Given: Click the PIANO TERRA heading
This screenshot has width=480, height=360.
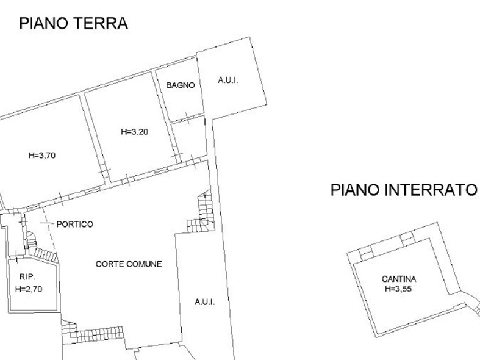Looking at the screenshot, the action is tap(73, 23).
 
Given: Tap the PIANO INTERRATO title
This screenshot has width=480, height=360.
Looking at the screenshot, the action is tap(404, 190).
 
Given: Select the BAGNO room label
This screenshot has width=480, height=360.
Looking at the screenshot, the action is tap(181, 85).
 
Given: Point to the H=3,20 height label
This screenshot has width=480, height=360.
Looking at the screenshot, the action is tap(135, 132).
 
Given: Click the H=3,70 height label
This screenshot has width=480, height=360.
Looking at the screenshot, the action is tap(42, 156).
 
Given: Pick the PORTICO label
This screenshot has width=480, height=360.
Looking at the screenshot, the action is tap(75, 225).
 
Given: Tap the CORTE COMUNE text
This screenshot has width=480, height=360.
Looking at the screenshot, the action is tap(129, 264).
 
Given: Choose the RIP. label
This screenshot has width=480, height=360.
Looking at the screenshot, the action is tap(27, 277).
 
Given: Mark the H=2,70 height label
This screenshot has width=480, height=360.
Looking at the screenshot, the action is tap(29, 289).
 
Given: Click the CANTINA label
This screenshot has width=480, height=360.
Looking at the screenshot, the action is tap(399, 279).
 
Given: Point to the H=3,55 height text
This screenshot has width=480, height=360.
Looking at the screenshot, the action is tap(398, 289).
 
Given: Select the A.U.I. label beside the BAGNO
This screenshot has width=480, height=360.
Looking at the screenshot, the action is tap(228, 80).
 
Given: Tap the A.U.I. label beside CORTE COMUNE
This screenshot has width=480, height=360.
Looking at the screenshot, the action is tap(205, 302).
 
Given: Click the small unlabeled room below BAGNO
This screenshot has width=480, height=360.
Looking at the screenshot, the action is tap(189, 139).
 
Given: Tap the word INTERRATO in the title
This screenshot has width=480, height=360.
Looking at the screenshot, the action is tap(431, 190).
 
